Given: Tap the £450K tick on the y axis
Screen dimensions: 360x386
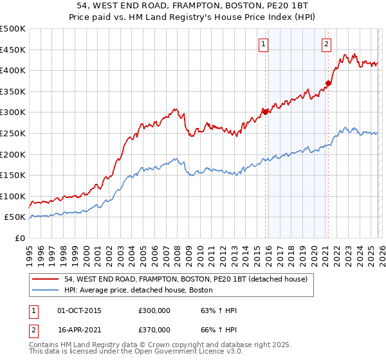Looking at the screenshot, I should click(13, 50).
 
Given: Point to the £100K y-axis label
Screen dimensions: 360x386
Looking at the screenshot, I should click(13, 196).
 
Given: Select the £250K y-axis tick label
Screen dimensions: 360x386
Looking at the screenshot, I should click(13, 133).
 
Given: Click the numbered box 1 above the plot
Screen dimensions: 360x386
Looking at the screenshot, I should click(264, 44).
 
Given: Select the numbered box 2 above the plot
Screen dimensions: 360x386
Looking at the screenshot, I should click(327, 44).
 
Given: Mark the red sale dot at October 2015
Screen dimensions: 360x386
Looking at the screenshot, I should click(264, 112).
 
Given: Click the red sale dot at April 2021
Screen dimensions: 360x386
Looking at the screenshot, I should click(328, 82).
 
